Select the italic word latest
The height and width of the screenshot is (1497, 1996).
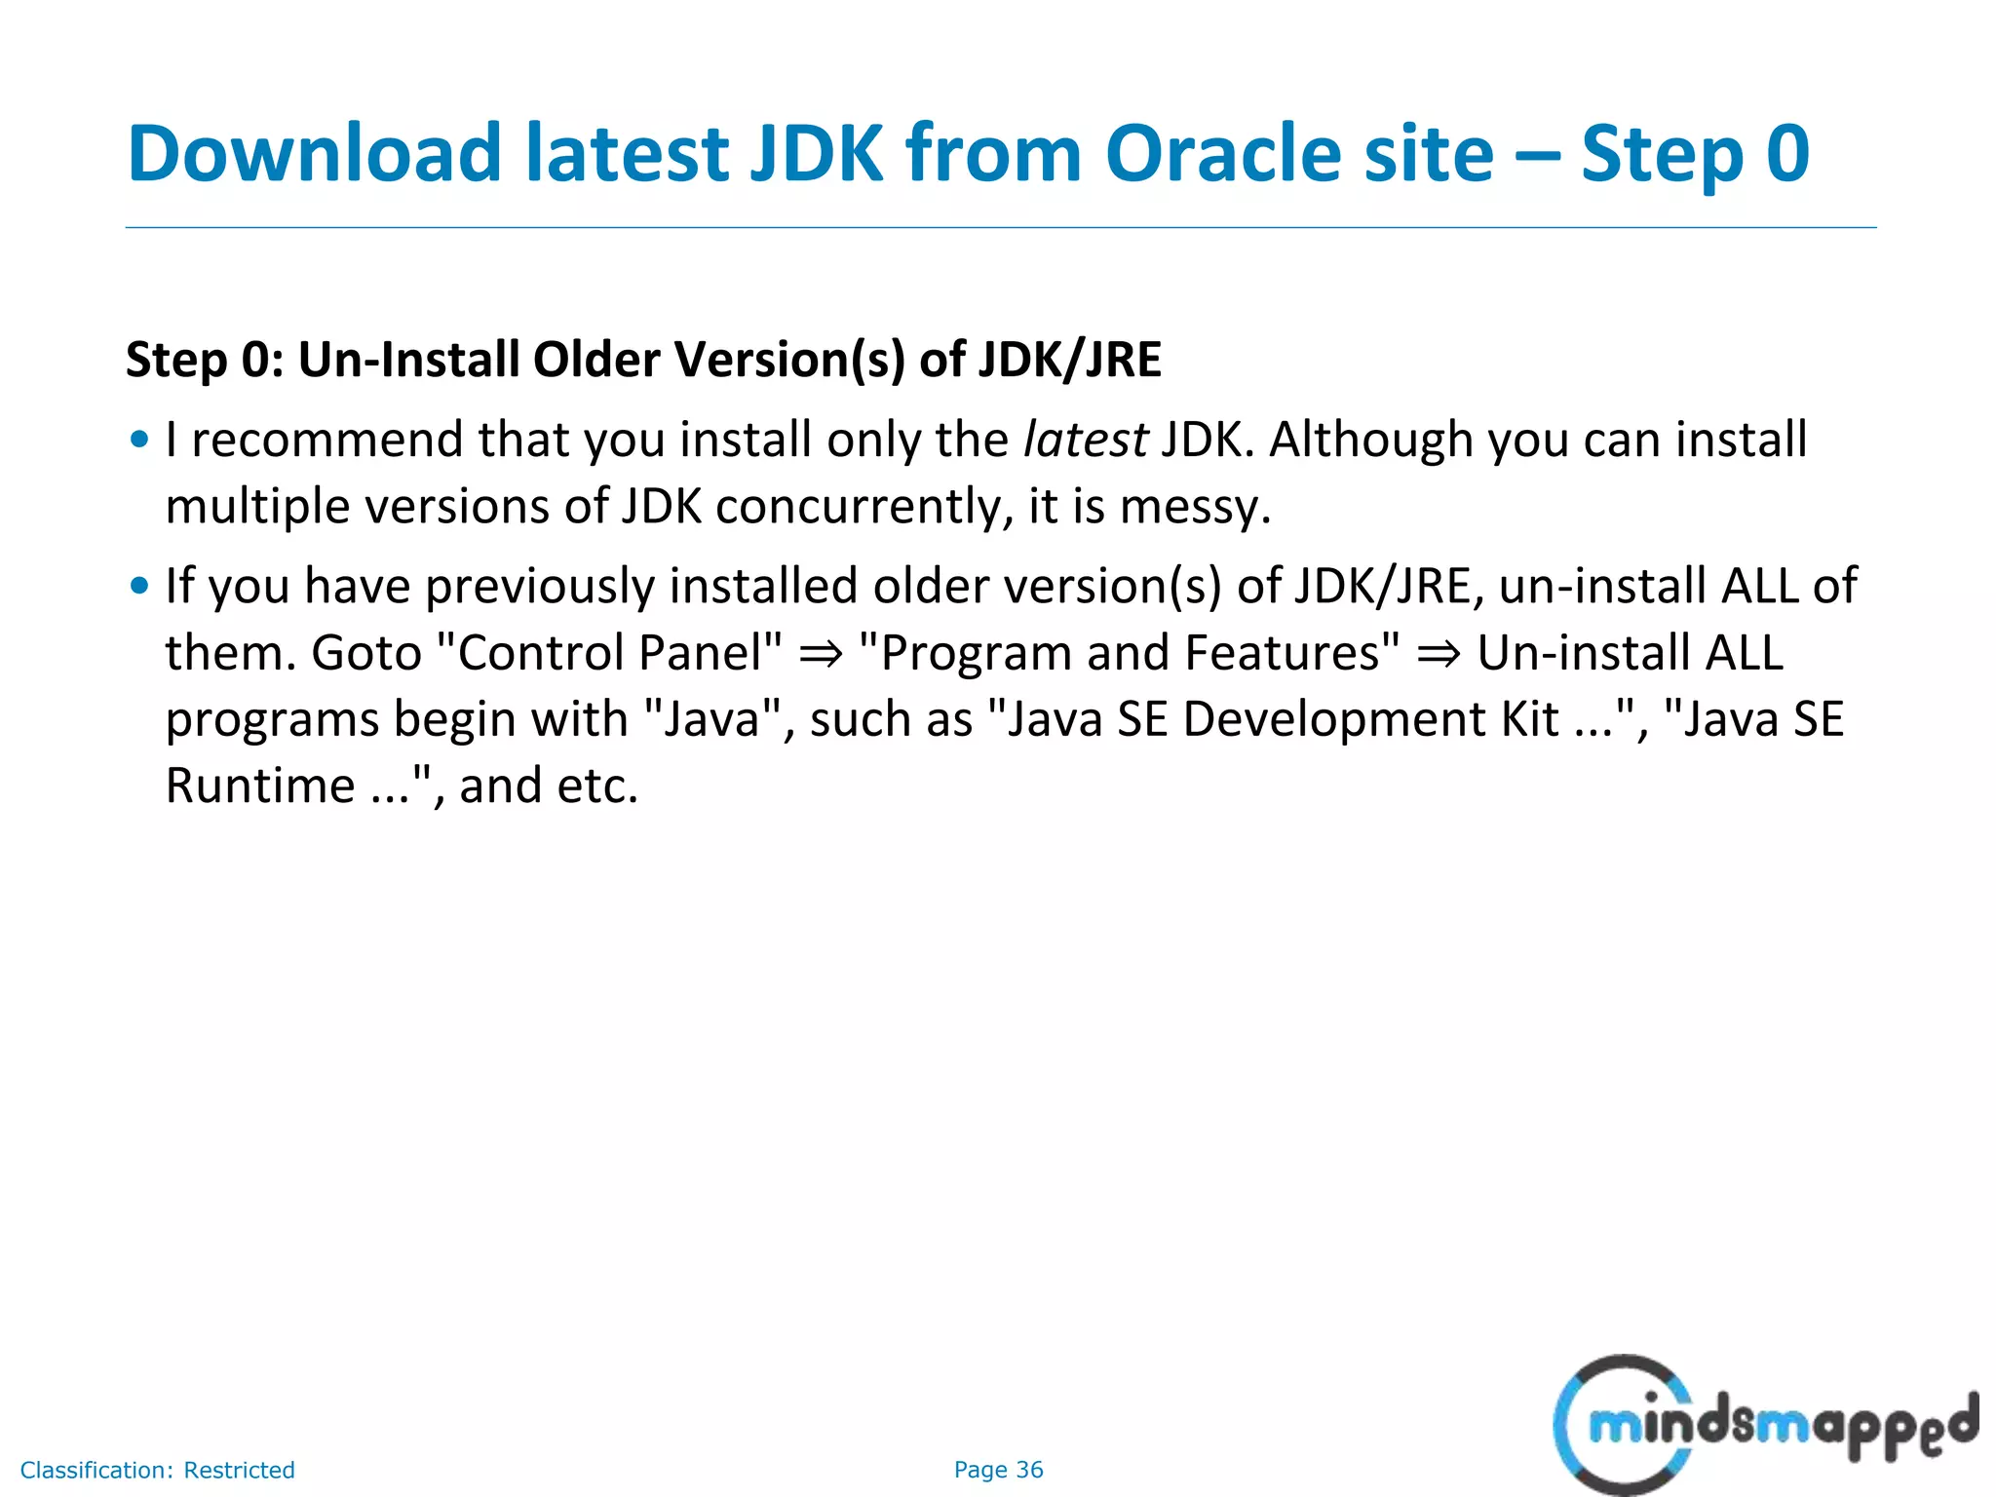[1085, 440]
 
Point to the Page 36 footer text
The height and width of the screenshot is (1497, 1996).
[998, 1470]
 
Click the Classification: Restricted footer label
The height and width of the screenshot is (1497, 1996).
[157, 1470]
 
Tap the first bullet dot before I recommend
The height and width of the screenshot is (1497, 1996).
[139, 440]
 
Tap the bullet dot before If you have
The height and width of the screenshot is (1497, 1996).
[139, 586]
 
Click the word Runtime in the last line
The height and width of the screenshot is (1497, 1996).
[260, 786]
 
